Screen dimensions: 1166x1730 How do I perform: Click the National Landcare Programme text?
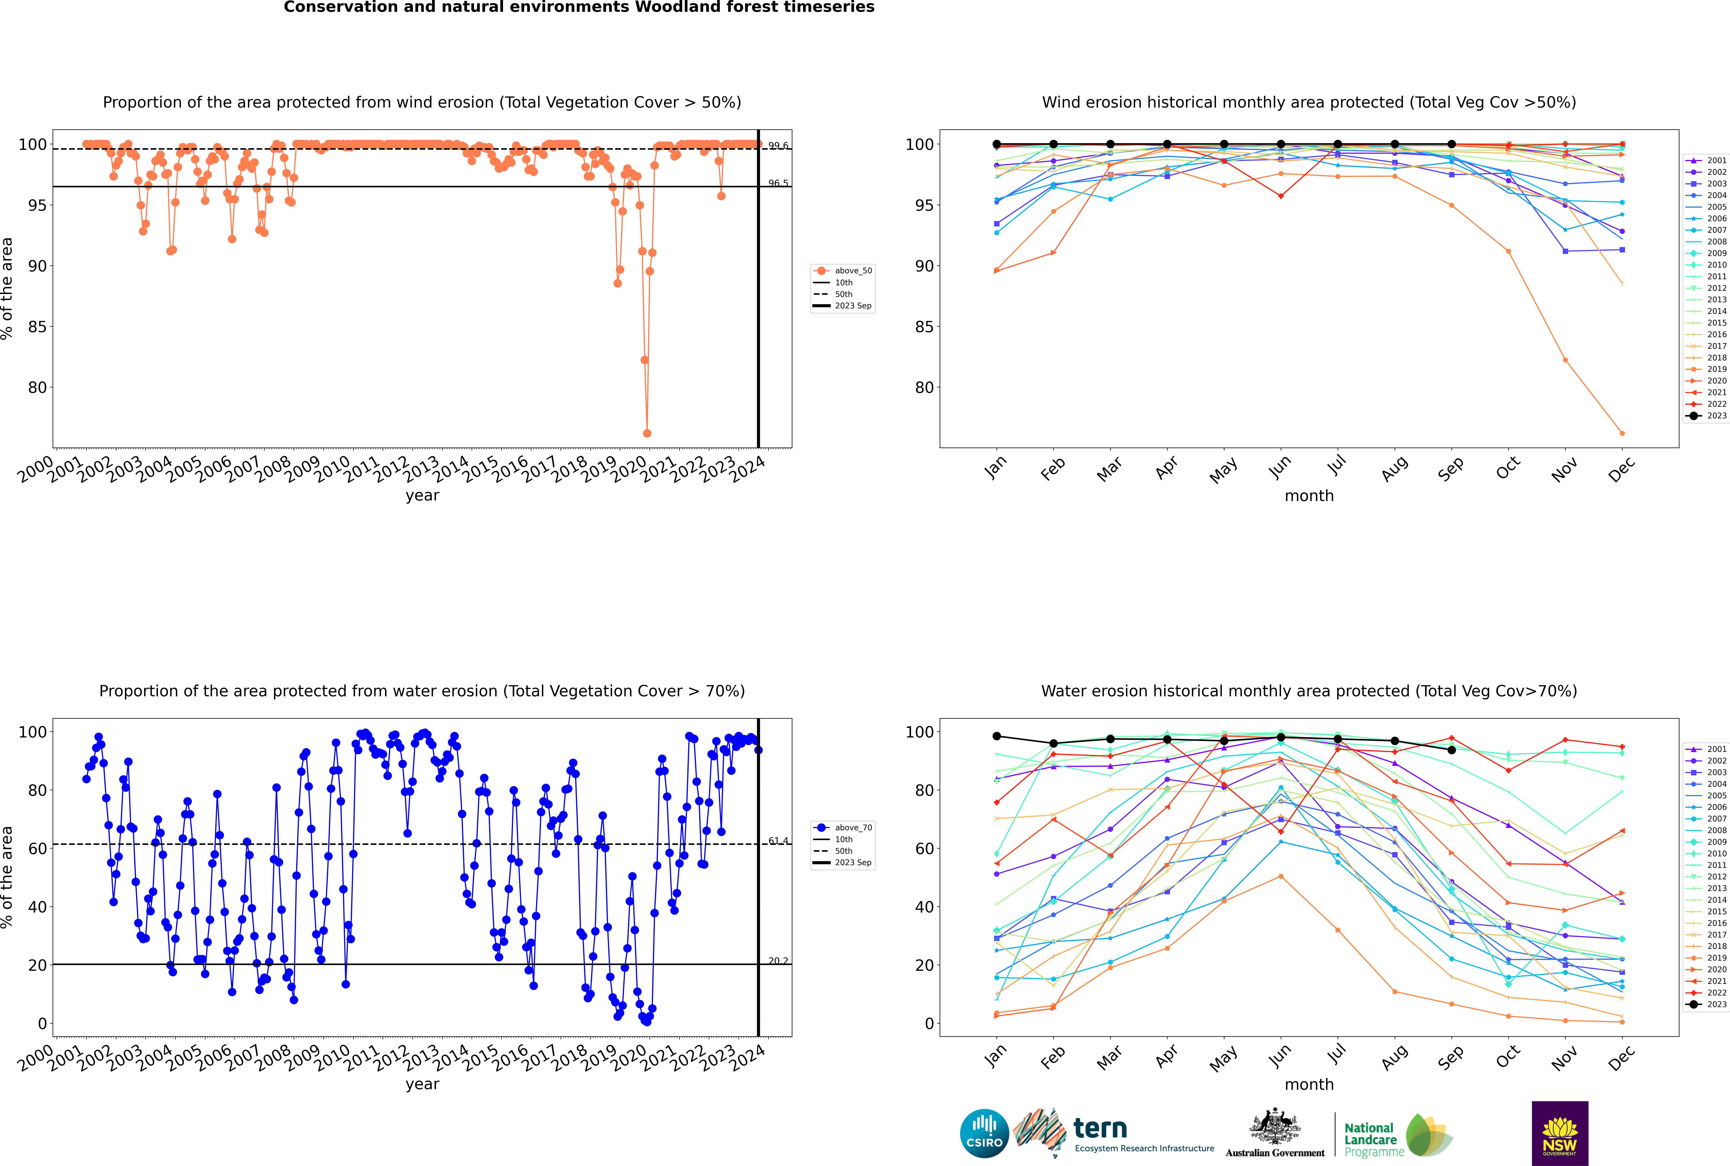(1370, 1140)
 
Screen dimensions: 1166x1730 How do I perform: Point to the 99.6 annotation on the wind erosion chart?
(778, 146)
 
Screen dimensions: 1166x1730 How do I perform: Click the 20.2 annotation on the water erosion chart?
(778, 961)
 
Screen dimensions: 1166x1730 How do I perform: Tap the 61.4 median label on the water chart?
(778, 841)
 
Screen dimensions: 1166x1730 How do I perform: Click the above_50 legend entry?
(852, 271)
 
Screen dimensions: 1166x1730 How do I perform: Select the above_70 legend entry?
(852, 828)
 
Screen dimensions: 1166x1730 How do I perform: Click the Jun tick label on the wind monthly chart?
(1279, 467)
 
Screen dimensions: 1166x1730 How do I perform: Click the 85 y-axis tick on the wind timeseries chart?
(37, 326)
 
